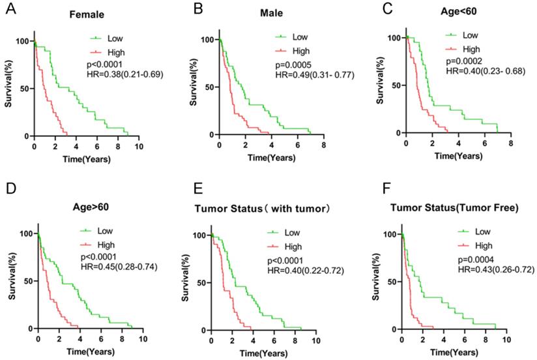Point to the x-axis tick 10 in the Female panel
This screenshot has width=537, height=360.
[x=139, y=147]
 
